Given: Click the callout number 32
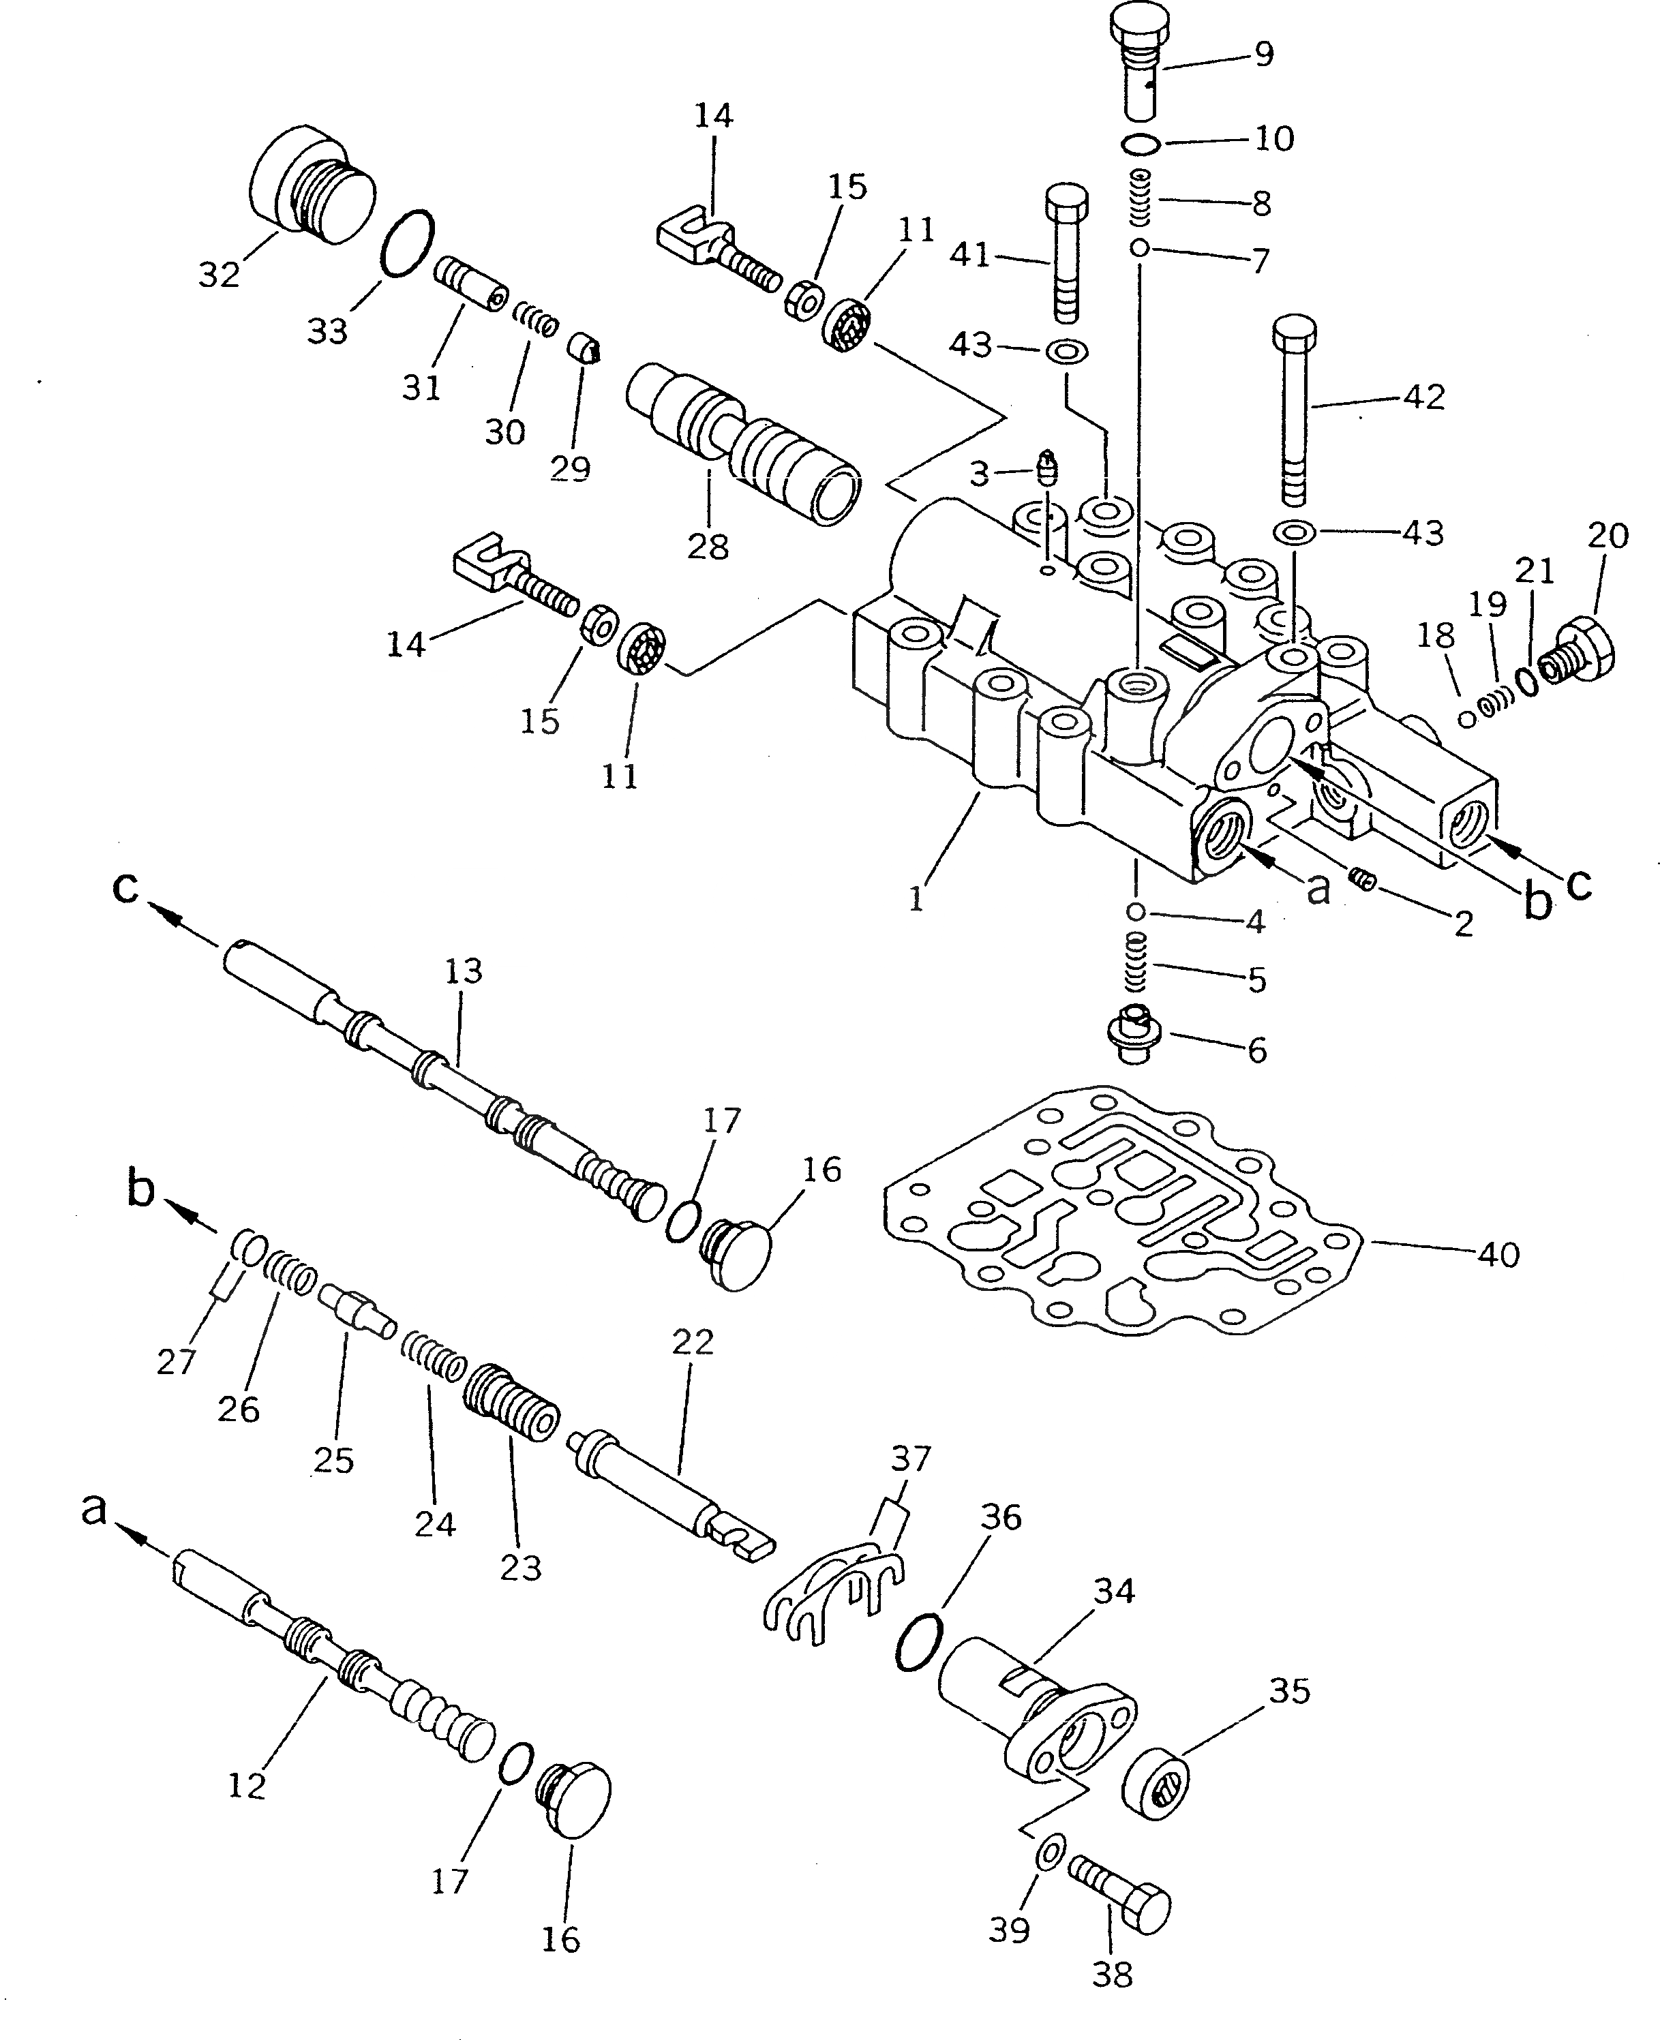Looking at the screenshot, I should (219, 275).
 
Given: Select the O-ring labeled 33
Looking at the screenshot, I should (406, 244).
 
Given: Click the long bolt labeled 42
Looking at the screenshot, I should (1295, 410).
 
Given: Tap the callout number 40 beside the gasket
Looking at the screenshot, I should (1498, 1253).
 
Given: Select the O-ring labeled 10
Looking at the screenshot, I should (1141, 144).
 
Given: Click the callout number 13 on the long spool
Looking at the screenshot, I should (464, 971).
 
